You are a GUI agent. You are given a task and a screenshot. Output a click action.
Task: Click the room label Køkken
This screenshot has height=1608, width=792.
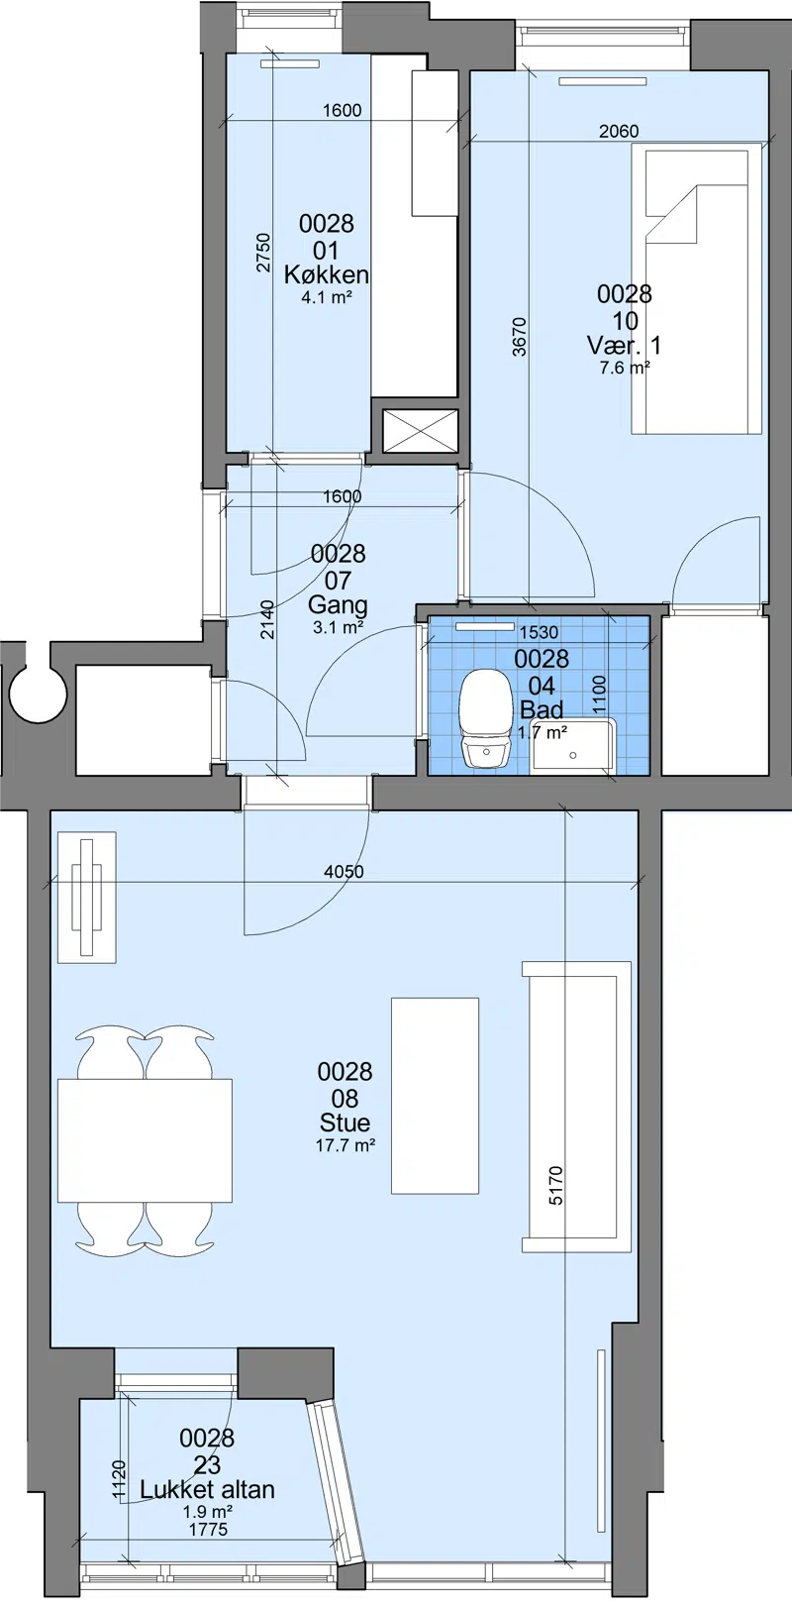coord(327,274)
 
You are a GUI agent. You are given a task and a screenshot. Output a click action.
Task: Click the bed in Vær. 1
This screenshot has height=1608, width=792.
coord(696,288)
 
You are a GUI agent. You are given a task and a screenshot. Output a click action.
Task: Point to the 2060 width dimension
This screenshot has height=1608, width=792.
coord(619,132)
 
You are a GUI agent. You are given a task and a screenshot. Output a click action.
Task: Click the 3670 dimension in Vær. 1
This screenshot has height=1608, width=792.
coord(520,337)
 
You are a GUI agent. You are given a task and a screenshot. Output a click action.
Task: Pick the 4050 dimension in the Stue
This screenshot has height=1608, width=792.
coord(345,872)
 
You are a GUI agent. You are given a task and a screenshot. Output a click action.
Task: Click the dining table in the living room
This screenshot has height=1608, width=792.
coord(145,1140)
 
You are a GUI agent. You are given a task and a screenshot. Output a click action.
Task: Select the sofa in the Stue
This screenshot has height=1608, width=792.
coord(577,1107)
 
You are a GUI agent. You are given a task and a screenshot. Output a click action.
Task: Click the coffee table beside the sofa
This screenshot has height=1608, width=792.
coord(435,1096)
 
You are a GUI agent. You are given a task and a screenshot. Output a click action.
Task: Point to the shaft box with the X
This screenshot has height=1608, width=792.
coord(421,431)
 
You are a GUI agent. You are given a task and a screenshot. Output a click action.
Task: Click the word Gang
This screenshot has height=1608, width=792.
coord(338,605)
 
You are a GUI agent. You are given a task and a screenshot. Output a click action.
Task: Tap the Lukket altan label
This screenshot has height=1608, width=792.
coord(207,1489)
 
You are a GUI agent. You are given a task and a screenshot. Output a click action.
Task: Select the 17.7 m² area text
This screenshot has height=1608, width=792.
coord(346,1145)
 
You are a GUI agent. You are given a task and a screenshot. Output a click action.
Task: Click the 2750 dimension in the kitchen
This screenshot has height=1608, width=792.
coord(264,252)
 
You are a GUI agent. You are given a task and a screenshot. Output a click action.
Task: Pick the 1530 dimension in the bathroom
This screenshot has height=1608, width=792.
coord(539,632)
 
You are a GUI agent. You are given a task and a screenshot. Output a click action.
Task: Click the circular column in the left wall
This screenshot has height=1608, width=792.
coord(38,695)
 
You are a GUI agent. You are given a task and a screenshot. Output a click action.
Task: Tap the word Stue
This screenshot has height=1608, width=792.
coord(346,1123)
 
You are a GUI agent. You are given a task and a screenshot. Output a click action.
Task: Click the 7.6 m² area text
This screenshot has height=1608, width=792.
coord(625,369)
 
